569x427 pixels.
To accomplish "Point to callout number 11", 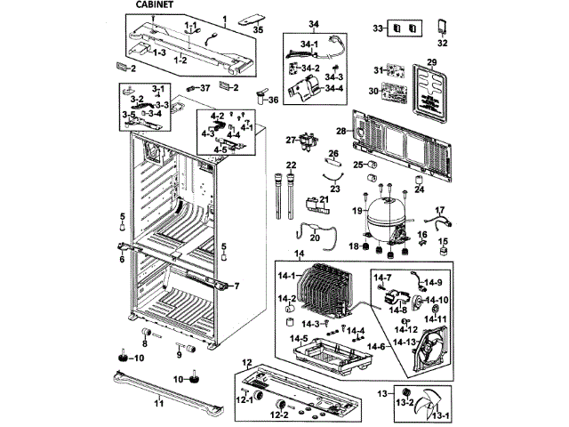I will [x=159, y=403].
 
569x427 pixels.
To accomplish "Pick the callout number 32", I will [x=443, y=42].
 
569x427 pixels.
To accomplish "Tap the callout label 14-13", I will [x=405, y=342].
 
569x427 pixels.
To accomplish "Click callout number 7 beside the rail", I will [x=236, y=286].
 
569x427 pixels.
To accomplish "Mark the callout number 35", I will [x=258, y=29].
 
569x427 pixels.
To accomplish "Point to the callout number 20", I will [x=313, y=238].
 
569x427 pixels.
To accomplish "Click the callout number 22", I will [x=291, y=165].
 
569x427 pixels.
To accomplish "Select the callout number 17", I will [x=438, y=211].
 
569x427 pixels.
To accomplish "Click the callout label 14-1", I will [x=286, y=277].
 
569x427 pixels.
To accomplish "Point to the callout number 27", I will [x=290, y=140].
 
